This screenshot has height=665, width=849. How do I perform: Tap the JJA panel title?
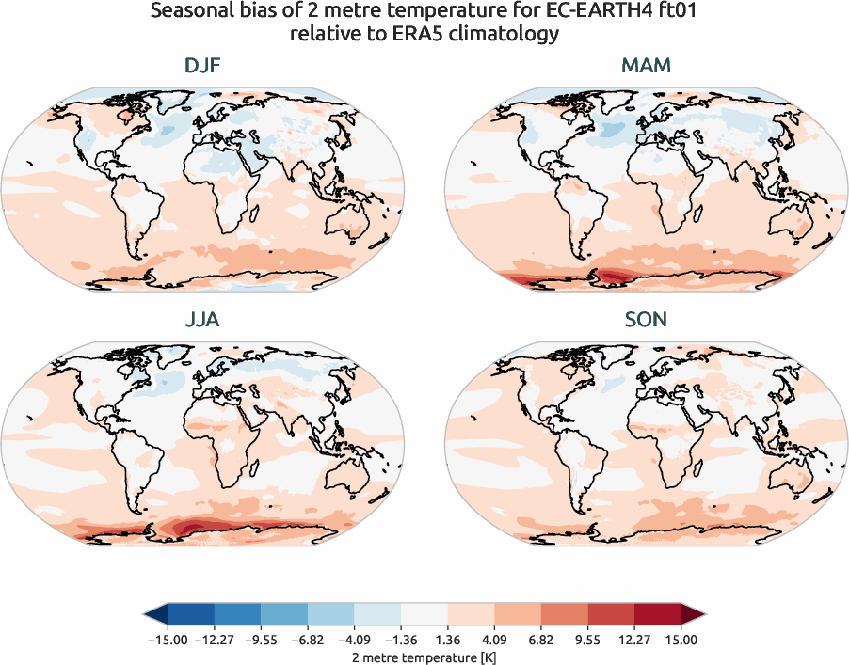[202, 320]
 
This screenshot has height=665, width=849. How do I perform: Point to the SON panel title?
[646, 320]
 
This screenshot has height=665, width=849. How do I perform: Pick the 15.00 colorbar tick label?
[681, 640]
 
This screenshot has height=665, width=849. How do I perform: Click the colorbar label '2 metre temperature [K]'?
[424, 656]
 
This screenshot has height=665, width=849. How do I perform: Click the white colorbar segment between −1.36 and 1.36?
[424, 614]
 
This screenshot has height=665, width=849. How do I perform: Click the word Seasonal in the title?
[189, 14]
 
